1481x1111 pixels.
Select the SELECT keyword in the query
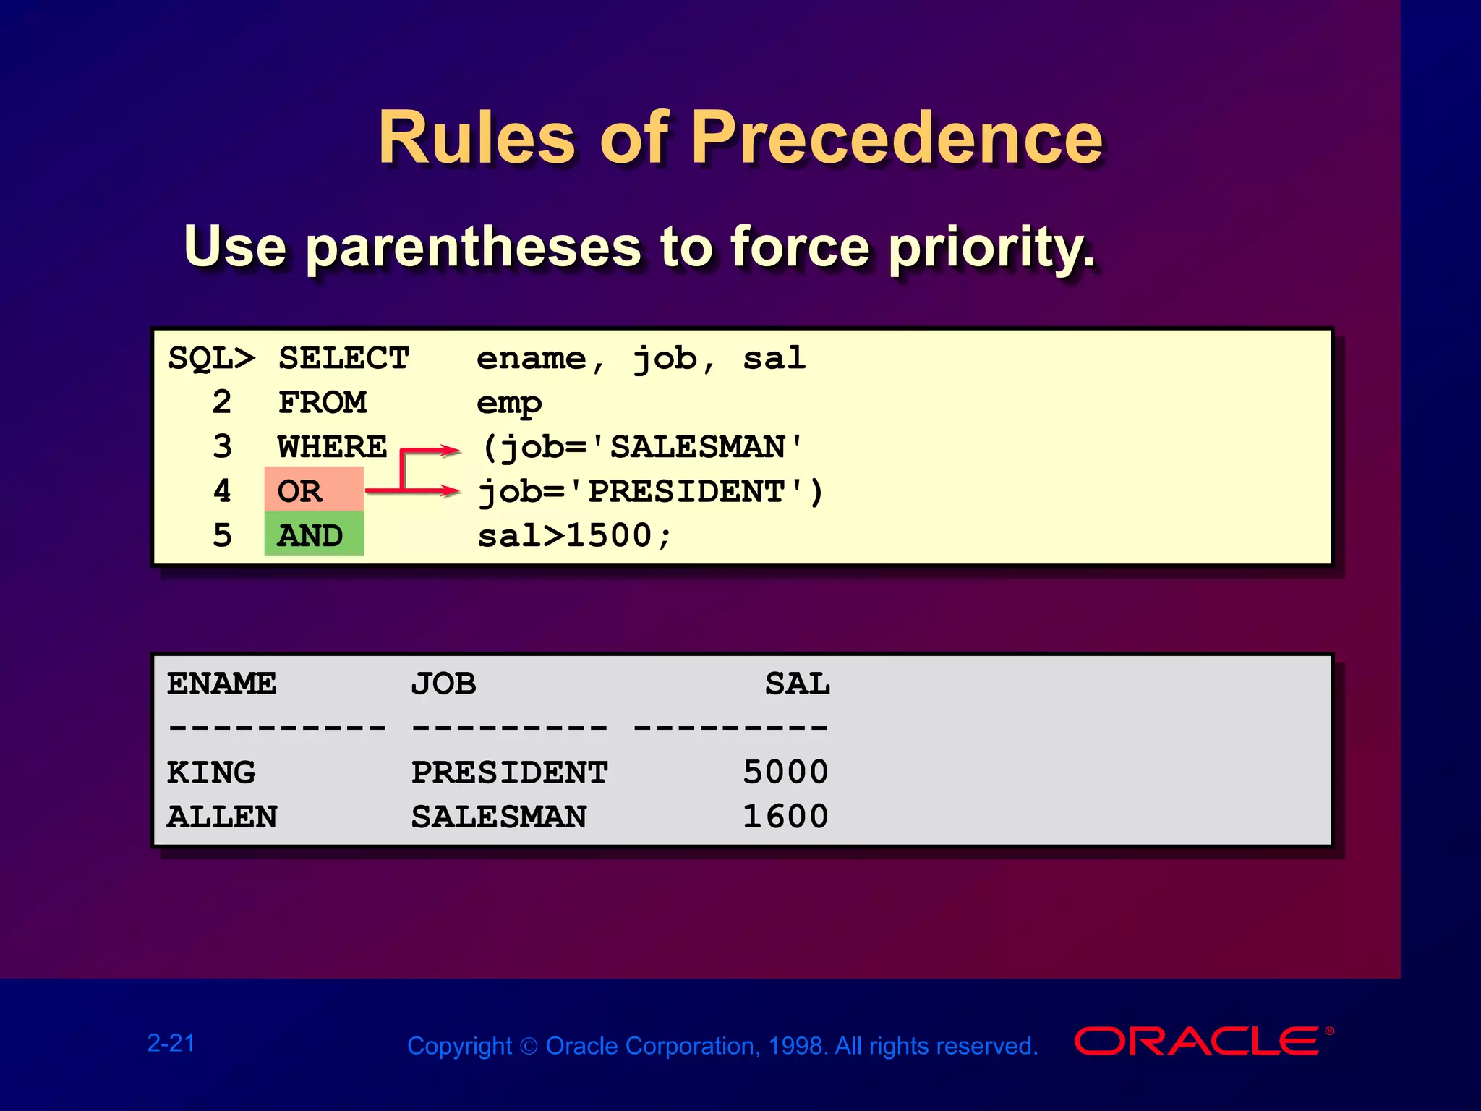point(343,359)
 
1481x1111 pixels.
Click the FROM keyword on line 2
point(323,403)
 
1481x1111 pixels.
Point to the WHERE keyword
point(332,447)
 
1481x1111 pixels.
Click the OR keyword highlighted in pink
point(300,491)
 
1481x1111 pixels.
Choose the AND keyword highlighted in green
point(310,536)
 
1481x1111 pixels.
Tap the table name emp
point(508,403)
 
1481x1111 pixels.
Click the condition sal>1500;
point(575,536)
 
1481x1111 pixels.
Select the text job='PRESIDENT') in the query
point(650,492)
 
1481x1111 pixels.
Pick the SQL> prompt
point(211,359)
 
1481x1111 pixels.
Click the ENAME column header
point(221,684)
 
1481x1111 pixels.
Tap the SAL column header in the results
point(797,684)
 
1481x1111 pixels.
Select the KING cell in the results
point(211,772)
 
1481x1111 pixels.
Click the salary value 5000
point(785,772)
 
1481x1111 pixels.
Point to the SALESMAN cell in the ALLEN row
point(499,817)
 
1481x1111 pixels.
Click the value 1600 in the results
point(785,817)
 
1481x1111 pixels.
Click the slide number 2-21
point(171,1043)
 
